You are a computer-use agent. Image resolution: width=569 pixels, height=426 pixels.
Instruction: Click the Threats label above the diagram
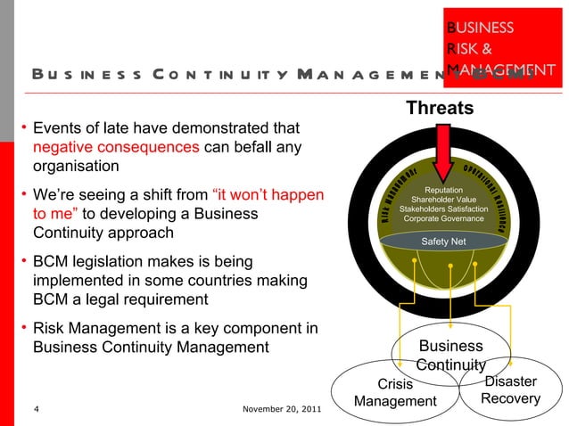pos(440,109)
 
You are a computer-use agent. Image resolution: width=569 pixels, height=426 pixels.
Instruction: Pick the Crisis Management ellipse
pos(395,393)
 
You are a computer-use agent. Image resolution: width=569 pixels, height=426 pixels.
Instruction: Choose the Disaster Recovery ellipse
pos(510,389)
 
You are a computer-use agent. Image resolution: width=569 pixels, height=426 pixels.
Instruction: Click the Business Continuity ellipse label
pos(450,355)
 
